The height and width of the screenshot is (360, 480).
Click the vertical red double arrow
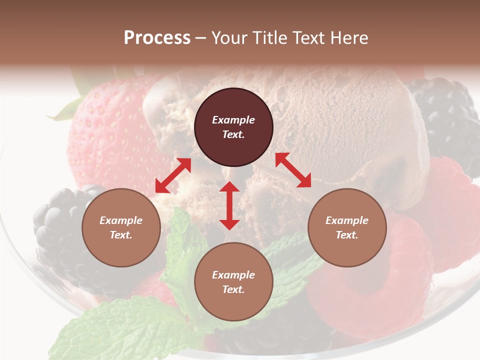pyautogui.click(x=229, y=205)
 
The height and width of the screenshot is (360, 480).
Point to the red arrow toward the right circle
pyautogui.click(x=293, y=170)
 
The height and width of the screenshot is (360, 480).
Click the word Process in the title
pyautogui.click(x=157, y=37)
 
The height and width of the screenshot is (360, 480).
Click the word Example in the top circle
pyautogui.click(x=233, y=120)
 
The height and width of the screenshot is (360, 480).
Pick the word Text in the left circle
pyautogui.click(x=121, y=235)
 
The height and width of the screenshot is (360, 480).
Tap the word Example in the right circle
pyautogui.click(x=347, y=220)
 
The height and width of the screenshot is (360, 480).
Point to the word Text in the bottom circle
pyautogui.click(x=233, y=289)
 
